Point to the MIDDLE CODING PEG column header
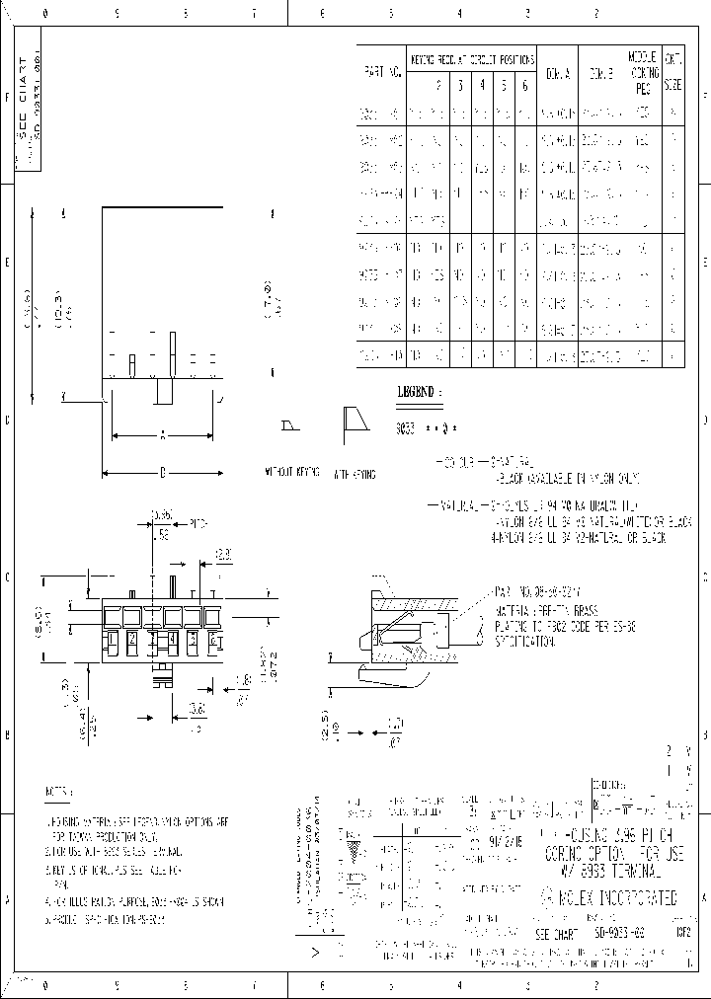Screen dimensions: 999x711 (x=644, y=72)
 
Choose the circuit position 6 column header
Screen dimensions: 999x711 (x=524, y=86)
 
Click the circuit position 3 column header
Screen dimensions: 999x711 (x=460, y=86)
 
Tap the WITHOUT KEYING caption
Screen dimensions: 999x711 (x=291, y=474)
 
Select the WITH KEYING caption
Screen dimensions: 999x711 (x=354, y=474)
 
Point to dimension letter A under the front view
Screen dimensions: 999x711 (x=163, y=433)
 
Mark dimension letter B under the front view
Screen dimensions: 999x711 (x=163, y=473)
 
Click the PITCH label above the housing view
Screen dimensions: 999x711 (x=198, y=524)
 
